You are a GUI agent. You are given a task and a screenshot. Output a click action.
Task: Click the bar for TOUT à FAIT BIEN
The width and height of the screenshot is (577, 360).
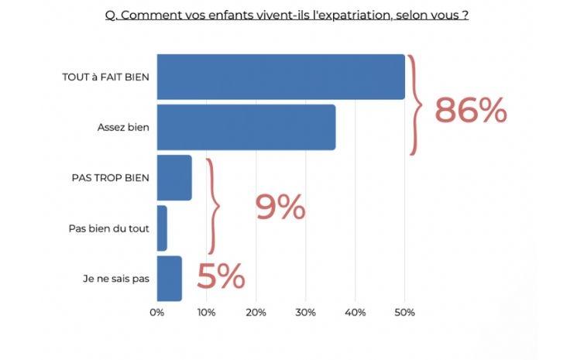[x=280, y=77]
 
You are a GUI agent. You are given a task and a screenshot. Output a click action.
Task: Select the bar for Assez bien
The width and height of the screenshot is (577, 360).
[x=246, y=127]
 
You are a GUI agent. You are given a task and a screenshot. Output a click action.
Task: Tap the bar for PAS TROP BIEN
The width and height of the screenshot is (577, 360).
[x=173, y=177]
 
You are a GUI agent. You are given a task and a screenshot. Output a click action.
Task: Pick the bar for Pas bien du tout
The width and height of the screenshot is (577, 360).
[x=162, y=228]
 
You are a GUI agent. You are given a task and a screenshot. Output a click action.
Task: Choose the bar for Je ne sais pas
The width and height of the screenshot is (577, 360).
[x=169, y=279]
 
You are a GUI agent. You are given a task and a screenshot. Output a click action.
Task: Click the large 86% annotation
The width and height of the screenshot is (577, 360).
[x=470, y=111]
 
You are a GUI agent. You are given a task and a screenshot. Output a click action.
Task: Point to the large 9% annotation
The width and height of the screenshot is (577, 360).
[x=280, y=207]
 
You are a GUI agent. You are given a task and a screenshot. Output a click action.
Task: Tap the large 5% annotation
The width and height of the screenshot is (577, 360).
[x=221, y=277]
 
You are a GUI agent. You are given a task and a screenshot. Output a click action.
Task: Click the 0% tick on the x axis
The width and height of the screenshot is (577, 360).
[x=157, y=313]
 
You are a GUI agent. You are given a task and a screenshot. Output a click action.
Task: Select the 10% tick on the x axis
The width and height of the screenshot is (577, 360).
[x=206, y=313]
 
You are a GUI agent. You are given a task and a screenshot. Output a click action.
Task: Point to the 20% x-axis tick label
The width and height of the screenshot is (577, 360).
[x=256, y=313]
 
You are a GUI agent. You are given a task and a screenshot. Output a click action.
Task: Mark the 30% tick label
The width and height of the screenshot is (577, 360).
[x=305, y=313]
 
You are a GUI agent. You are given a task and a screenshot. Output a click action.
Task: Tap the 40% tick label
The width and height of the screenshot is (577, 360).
[x=355, y=313]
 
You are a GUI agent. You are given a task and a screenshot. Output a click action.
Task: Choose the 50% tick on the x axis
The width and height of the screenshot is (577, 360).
[x=404, y=313]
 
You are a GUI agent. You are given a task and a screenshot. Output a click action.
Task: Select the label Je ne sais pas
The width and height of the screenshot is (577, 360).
[x=115, y=279]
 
